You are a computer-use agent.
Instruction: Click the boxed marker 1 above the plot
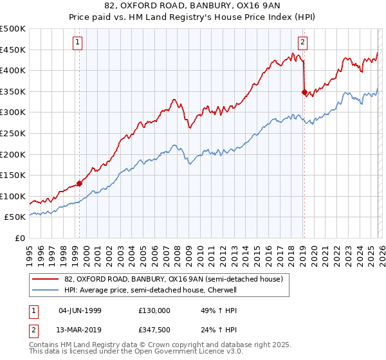pos(77,43)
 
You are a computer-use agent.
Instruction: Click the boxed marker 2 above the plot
pos(302,43)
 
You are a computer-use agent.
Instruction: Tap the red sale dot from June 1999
pos(80,183)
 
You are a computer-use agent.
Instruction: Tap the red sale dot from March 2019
pos(304,93)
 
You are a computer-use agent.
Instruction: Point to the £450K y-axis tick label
pos(13,50)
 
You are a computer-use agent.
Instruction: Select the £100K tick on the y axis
pos(13,196)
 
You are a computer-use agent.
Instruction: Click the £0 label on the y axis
pos(21,238)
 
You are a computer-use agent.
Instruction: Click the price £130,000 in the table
pos(154,310)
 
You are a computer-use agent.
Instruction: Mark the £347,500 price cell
pos(154,329)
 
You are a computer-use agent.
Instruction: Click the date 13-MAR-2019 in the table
pos(80,329)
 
